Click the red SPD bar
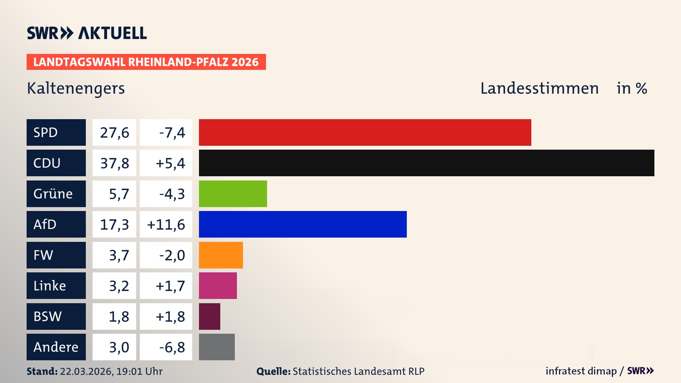pyautogui.click(x=365, y=132)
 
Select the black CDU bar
pyautogui.click(x=426, y=163)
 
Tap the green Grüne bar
pyautogui.click(x=233, y=194)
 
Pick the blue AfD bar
pyautogui.click(x=303, y=224)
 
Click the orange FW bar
pyautogui.click(x=221, y=255)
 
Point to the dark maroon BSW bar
pyautogui.click(x=209, y=316)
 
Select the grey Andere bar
pyautogui.click(x=217, y=347)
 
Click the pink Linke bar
pyautogui.click(x=218, y=285)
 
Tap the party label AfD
pyautogui.click(x=45, y=224)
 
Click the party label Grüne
pyautogui.click(x=53, y=194)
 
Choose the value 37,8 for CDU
pyautogui.click(x=114, y=163)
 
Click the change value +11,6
pyautogui.click(x=166, y=224)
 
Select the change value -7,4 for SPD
pyautogui.click(x=172, y=132)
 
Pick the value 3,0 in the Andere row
pyautogui.click(x=119, y=347)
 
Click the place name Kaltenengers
pyautogui.click(x=76, y=88)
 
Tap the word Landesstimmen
pyautogui.click(x=539, y=88)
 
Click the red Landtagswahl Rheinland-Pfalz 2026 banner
pyautogui.click(x=146, y=62)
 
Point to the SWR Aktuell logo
pyautogui.click(x=87, y=33)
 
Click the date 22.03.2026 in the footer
pyautogui.click(x=86, y=371)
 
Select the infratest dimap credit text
pyautogui.click(x=581, y=371)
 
